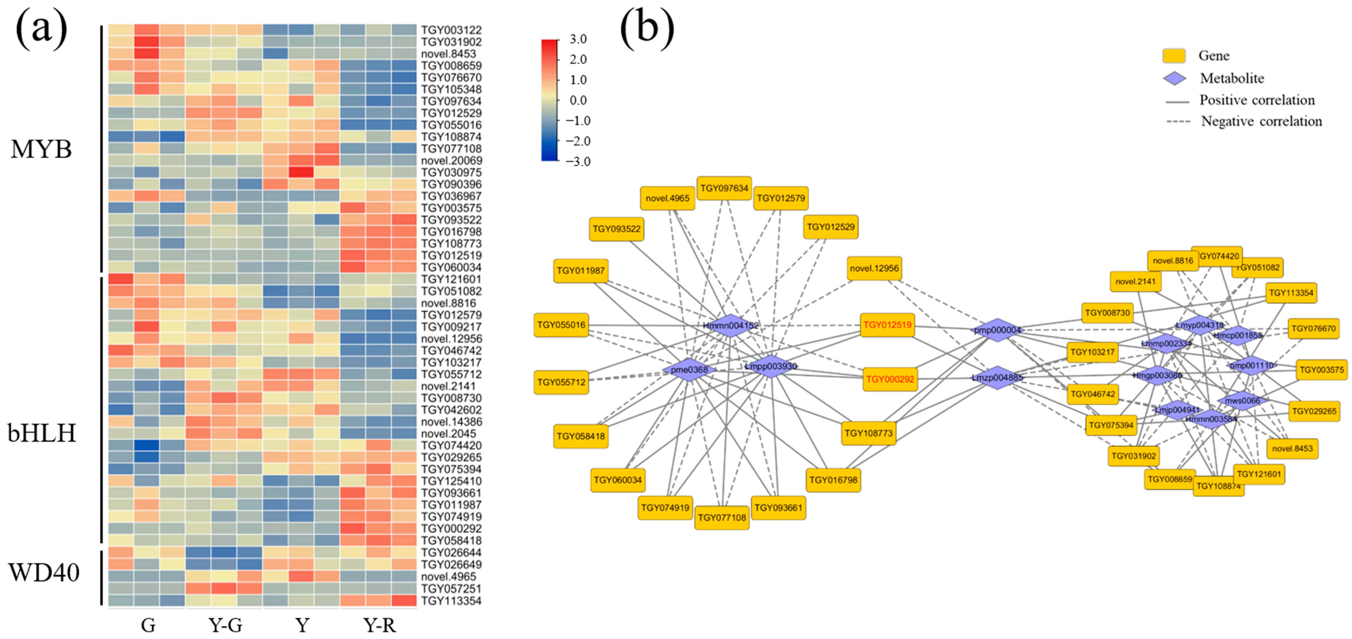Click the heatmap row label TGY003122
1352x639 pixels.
click(x=451, y=30)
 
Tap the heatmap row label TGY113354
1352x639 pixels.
click(x=451, y=601)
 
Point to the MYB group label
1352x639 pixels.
click(x=41, y=150)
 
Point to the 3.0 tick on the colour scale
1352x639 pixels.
click(x=578, y=39)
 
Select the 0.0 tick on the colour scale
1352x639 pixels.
click(x=578, y=100)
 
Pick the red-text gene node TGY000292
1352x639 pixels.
click(x=890, y=379)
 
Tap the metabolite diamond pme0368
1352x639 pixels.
click(x=689, y=370)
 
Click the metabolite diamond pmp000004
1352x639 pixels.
click(x=997, y=330)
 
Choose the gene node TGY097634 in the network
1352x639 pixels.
click(x=724, y=188)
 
